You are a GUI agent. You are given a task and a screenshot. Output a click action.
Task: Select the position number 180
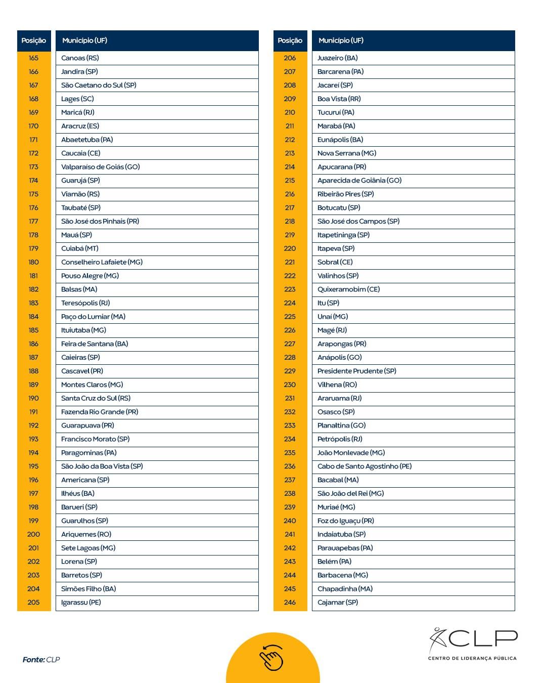(33, 262)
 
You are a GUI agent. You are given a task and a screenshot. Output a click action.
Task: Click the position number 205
(33, 603)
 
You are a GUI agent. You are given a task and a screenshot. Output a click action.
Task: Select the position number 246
(290, 603)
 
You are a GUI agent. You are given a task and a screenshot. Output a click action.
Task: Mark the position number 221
(290, 262)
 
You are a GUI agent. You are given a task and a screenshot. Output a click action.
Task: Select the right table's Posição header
(290, 40)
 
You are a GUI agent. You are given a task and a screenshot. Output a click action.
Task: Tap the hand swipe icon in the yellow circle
(272, 658)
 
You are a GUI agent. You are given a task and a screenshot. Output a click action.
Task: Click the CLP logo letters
(482, 638)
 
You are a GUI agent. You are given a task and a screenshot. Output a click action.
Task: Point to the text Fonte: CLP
(41, 660)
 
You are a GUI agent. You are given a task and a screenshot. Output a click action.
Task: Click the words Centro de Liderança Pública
(472, 658)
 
